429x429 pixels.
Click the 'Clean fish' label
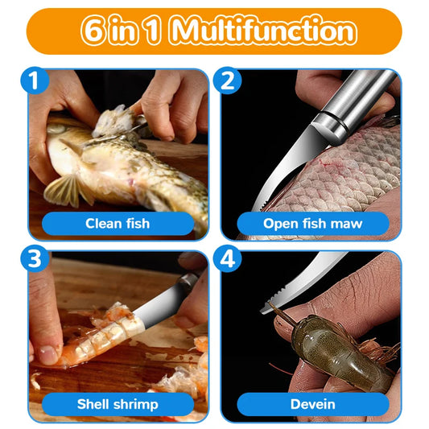point(118,223)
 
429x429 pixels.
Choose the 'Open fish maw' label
point(313,223)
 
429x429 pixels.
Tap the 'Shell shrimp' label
point(118,404)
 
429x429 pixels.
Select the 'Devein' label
point(314,404)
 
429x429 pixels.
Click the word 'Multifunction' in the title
point(263,31)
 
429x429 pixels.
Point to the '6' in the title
point(92,31)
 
